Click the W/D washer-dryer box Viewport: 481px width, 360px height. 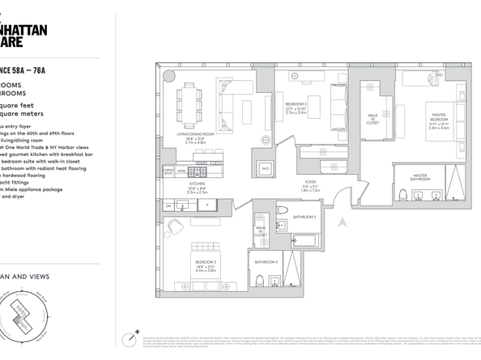(264, 168)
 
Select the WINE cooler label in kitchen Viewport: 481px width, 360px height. (182, 172)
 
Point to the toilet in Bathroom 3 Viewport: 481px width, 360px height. (274, 282)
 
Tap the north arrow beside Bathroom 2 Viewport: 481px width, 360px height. (343, 221)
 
